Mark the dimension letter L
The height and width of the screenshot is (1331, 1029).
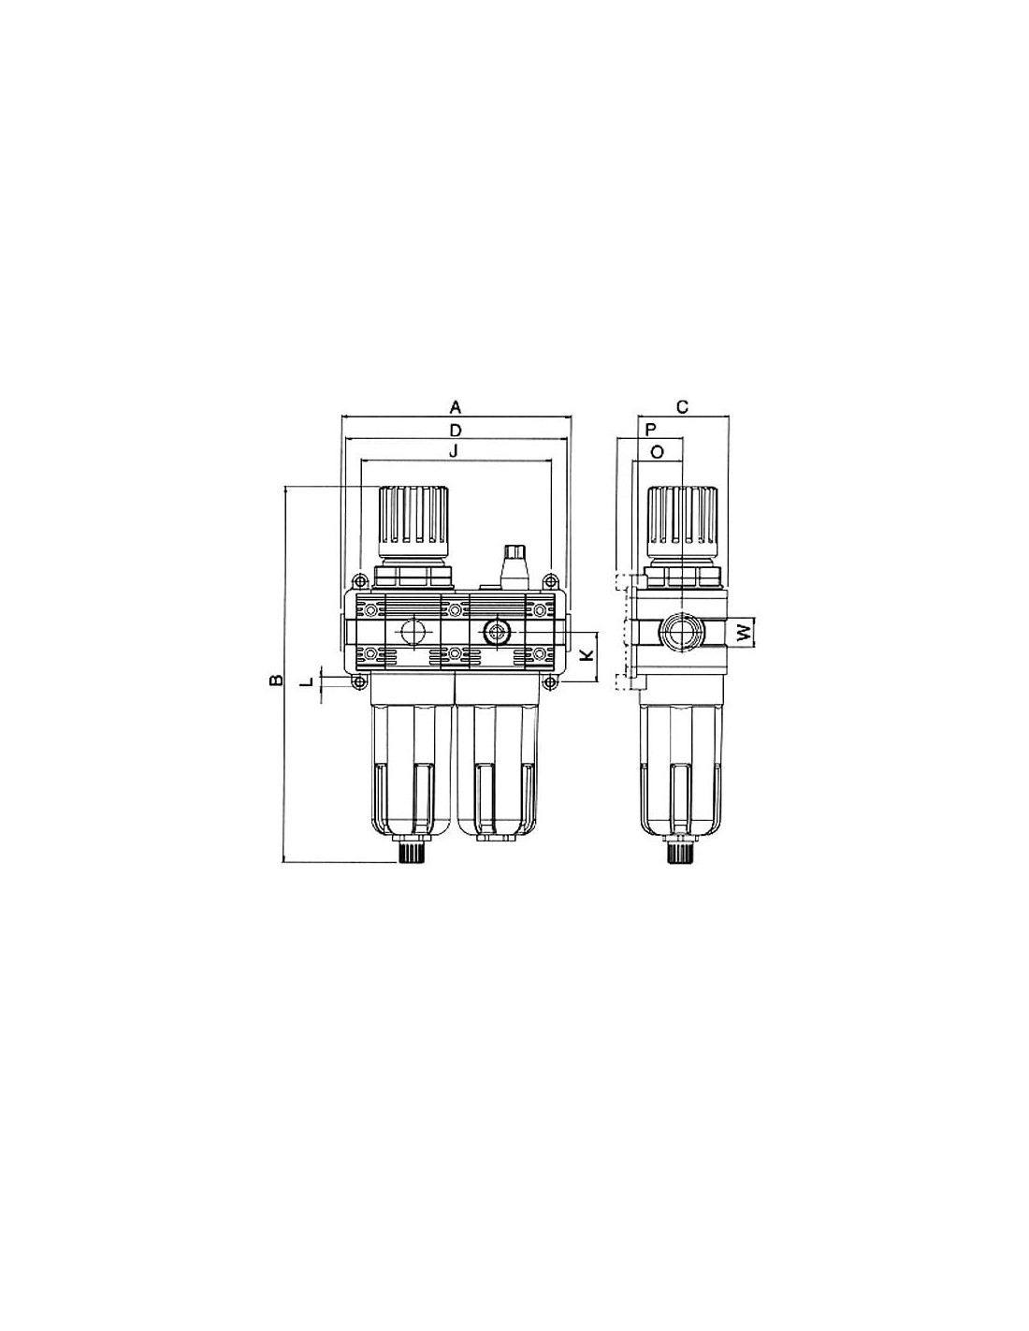(308, 681)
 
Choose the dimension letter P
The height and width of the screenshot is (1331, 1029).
(651, 430)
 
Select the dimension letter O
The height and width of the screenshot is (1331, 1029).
(656, 453)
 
